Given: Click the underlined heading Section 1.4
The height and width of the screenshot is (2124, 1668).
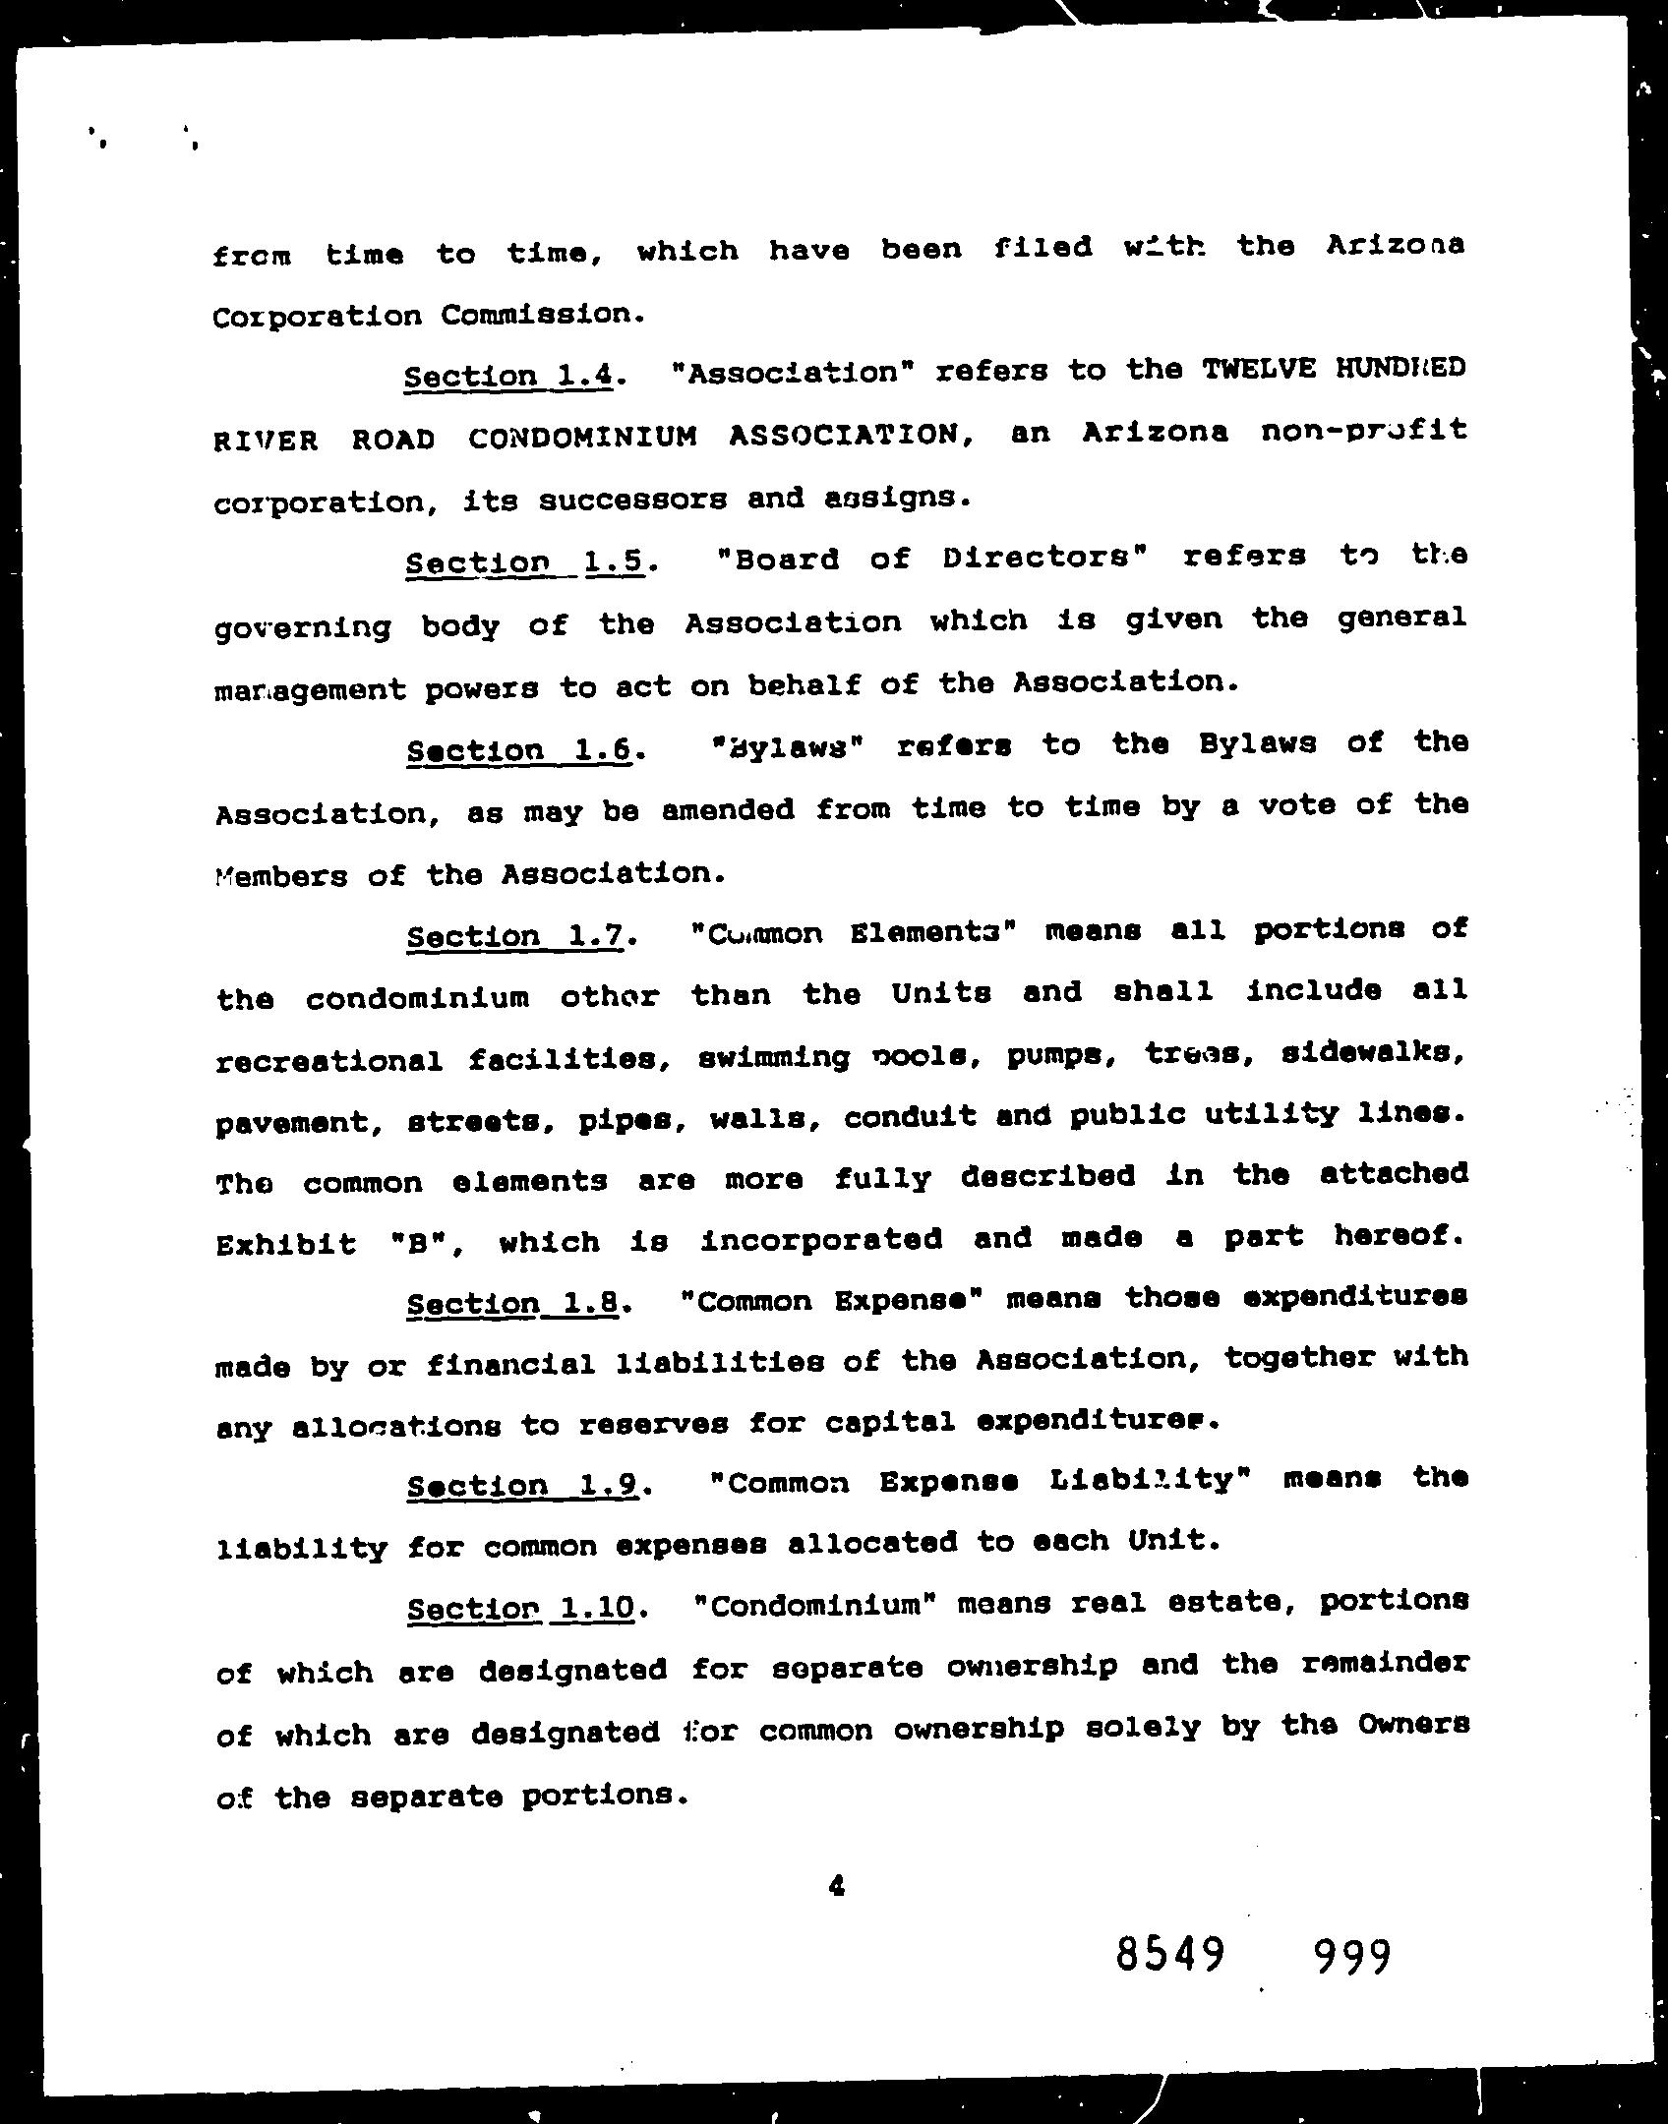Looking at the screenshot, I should [x=510, y=376].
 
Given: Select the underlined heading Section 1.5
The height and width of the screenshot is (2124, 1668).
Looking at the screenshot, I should [x=525, y=561].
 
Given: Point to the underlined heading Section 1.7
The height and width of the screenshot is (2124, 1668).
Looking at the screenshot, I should [x=514, y=935].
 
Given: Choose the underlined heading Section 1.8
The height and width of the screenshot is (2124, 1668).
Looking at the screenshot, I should [x=512, y=1304].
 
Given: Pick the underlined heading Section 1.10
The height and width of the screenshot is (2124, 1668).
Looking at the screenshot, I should [x=518, y=1609].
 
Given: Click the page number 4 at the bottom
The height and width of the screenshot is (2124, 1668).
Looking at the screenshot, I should [x=837, y=1886].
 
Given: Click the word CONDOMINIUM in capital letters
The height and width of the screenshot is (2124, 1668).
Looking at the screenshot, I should [x=582, y=436].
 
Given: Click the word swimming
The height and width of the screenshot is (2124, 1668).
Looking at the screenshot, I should [x=774, y=1057].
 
